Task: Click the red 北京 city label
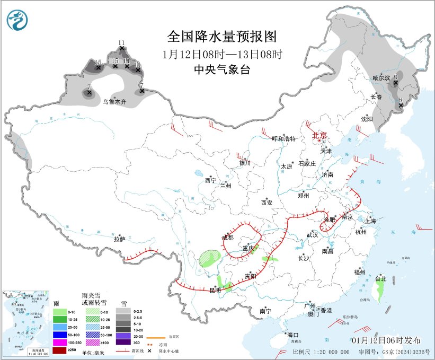pos(319,135)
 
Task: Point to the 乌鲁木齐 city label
pos(114,101)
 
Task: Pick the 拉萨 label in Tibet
pos(119,239)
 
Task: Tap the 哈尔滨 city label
pos(381,78)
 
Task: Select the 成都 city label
pos(227,238)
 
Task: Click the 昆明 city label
pos(215,290)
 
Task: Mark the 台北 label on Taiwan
pos(380,278)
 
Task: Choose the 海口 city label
pos(293,335)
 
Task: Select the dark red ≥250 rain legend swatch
pos(60,350)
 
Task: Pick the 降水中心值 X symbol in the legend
pos(150,351)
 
